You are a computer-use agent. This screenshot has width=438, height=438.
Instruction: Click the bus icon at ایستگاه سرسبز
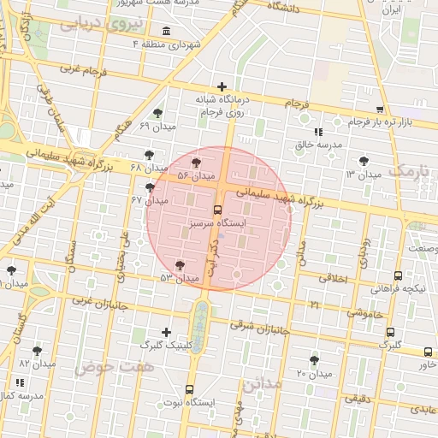(217, 209)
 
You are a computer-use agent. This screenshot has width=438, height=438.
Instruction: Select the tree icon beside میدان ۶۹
(157, 113)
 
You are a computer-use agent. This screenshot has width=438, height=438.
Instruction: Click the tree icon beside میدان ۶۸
(151, 155)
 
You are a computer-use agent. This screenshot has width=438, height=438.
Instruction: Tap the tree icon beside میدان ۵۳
(179, 265)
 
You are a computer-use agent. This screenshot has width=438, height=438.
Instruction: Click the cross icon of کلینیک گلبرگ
(166, 331)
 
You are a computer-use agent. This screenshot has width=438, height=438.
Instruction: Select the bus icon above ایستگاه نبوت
(190, 389)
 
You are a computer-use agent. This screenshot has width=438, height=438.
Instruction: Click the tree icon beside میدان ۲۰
(314, 360)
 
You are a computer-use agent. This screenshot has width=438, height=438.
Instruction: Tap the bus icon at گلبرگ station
(391, 333)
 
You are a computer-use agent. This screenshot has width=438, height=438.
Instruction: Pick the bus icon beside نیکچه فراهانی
(398, 276)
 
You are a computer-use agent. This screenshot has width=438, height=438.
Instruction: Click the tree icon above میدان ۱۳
(365, 160)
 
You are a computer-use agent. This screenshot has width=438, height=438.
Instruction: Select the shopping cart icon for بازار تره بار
(379, 109)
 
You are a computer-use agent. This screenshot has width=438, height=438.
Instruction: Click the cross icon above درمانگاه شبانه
(222, 86)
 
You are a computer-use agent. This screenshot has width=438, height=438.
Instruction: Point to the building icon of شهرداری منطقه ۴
(166, 32)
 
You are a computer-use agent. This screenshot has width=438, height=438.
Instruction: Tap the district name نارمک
(412, 170)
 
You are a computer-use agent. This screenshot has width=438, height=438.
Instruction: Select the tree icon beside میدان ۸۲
(37, 350)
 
